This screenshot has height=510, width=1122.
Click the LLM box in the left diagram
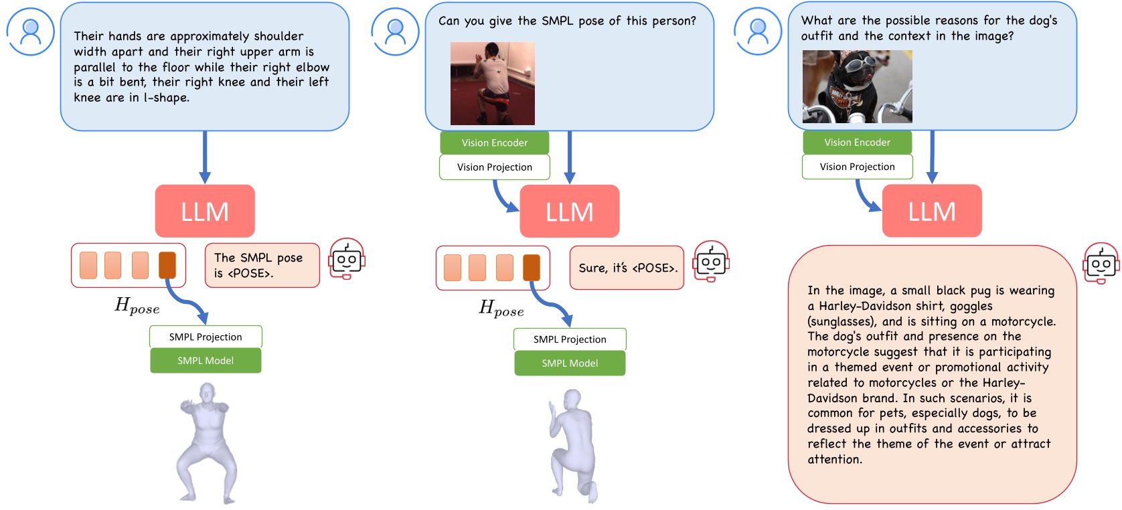(x=205, y=211)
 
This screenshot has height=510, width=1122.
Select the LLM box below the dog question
(x=932, y=211)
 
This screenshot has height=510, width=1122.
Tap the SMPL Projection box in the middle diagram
(x=570, y=339)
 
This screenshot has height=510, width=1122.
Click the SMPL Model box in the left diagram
(x=206, y=361)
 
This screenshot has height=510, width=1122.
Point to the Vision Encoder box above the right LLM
(x=857, y=143)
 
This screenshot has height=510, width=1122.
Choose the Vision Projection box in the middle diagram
(x=494, y=167)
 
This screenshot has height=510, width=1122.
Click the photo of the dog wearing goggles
(x=857, y=86)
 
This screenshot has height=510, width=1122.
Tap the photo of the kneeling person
(x=493, y=84)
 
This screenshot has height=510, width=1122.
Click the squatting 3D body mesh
(x=208, y=442)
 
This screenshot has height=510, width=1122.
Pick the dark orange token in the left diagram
(x=167, y=265)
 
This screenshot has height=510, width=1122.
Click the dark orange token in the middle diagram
(x=532, y=268)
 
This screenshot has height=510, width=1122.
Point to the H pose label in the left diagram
(x=137, y=306)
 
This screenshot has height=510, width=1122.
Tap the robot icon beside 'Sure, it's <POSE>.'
(x=711, y=262)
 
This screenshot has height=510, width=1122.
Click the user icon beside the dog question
(x=758, y=31)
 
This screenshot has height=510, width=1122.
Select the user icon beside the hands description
(x=30, y=31)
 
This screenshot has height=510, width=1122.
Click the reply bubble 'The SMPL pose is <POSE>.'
(x=262, y=266)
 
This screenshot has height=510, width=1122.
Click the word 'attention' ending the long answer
(x=833, y=460)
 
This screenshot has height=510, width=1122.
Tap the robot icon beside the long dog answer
(x=1101, y=263)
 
